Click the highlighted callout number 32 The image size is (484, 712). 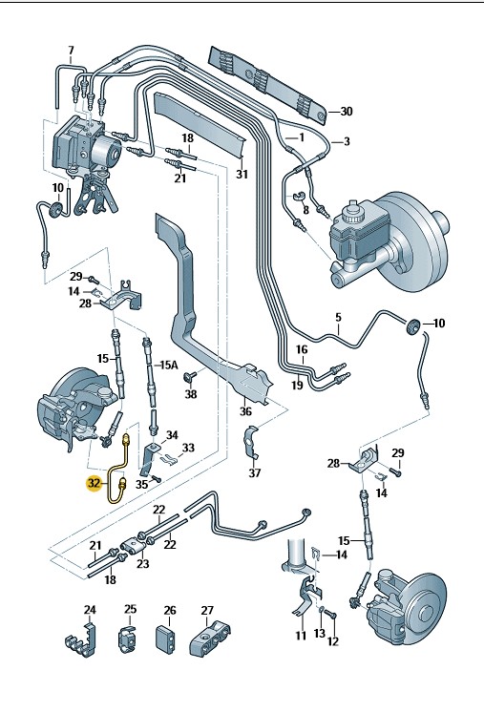click(x=94, y=484)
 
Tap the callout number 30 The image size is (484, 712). click(x=346, y=112)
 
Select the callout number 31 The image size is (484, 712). click(x=242, y=174)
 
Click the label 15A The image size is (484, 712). click(x=167, y=365)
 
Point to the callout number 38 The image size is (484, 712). click(x=191, y=393)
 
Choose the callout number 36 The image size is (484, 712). click(x=245, y=411)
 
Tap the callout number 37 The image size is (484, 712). click(x=255, y=472)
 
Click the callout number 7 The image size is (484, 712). click(x=71, y=51)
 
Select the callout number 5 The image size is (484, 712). click(x=338, y=318)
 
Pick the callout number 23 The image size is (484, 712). click(x=142, y=563)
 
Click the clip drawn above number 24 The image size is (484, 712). click(x=83, y=639)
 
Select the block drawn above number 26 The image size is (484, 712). click(x=165, y=639)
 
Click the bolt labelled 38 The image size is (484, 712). click(x=189, y=376)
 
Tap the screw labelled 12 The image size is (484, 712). click(x=331, y=615)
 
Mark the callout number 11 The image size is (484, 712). click(x=301, y=635)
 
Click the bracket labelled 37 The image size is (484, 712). click(x=251, y=442)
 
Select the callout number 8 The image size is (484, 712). click(x=305, y=210)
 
